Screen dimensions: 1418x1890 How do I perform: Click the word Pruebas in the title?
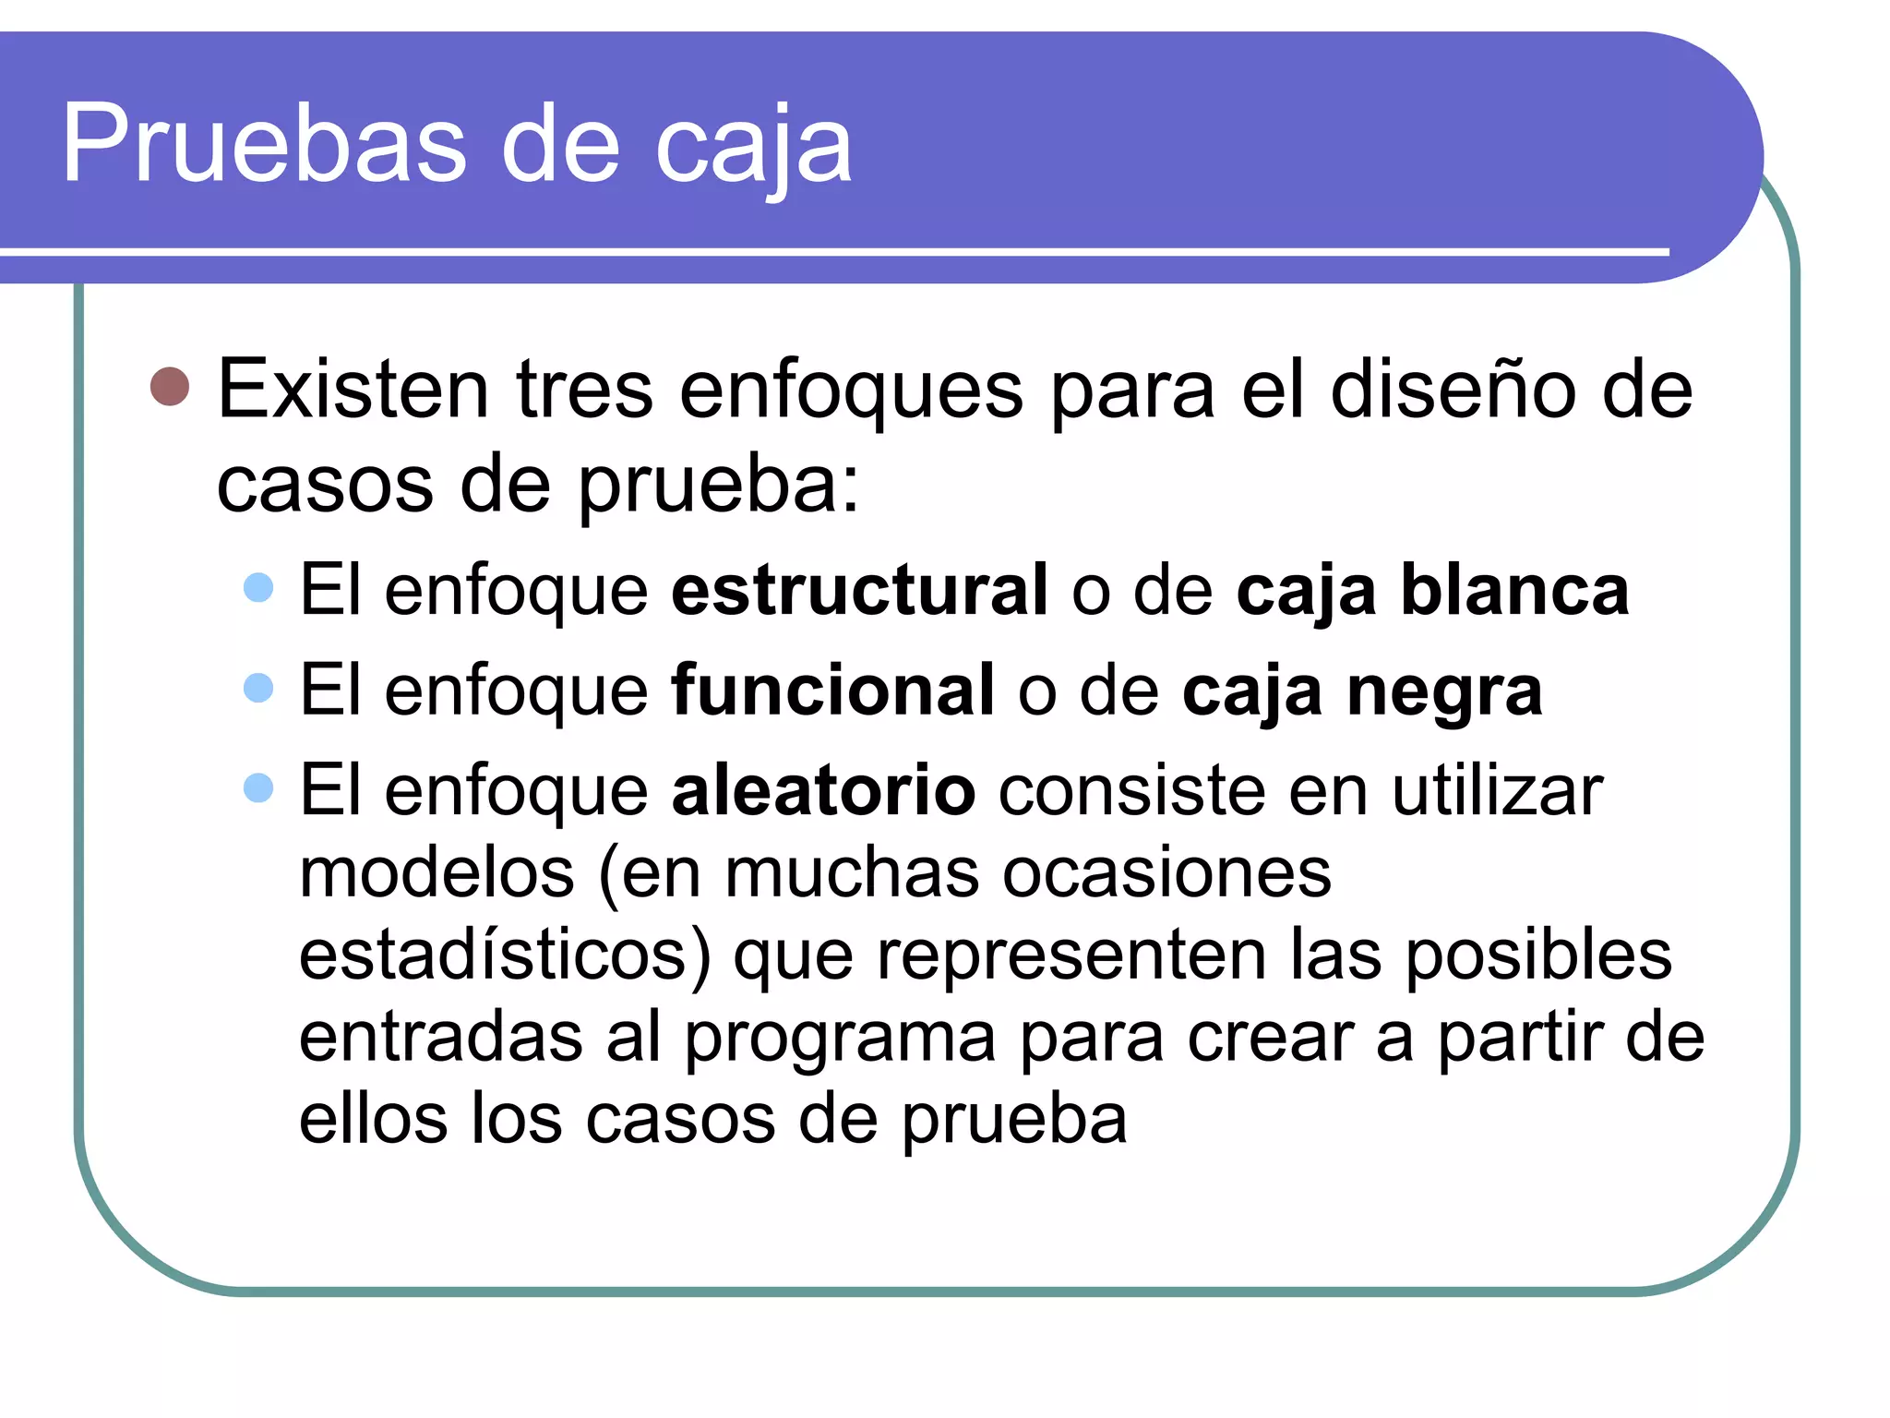pyautogui.click(x=264, y=145)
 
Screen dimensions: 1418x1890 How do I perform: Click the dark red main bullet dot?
pyautogui.click(x=170, y=387)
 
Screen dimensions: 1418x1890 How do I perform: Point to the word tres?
pyautogui.click(x=584, y=390)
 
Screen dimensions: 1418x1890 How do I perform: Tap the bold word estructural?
pyautogui.click(x=859, y=590)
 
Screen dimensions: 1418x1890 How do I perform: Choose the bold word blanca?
pyautogui.click(x=1514, y=590)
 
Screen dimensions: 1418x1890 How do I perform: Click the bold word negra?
pyautogui.click(x=1444, y=691)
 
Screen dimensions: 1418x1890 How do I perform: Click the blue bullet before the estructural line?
pyautogui.click(x=259, y=588)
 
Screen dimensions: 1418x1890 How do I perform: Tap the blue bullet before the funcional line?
pyautogui.click(x=259, y=688)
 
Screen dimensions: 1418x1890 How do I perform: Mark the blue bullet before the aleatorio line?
pyautogui.click(x=259, y=788)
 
